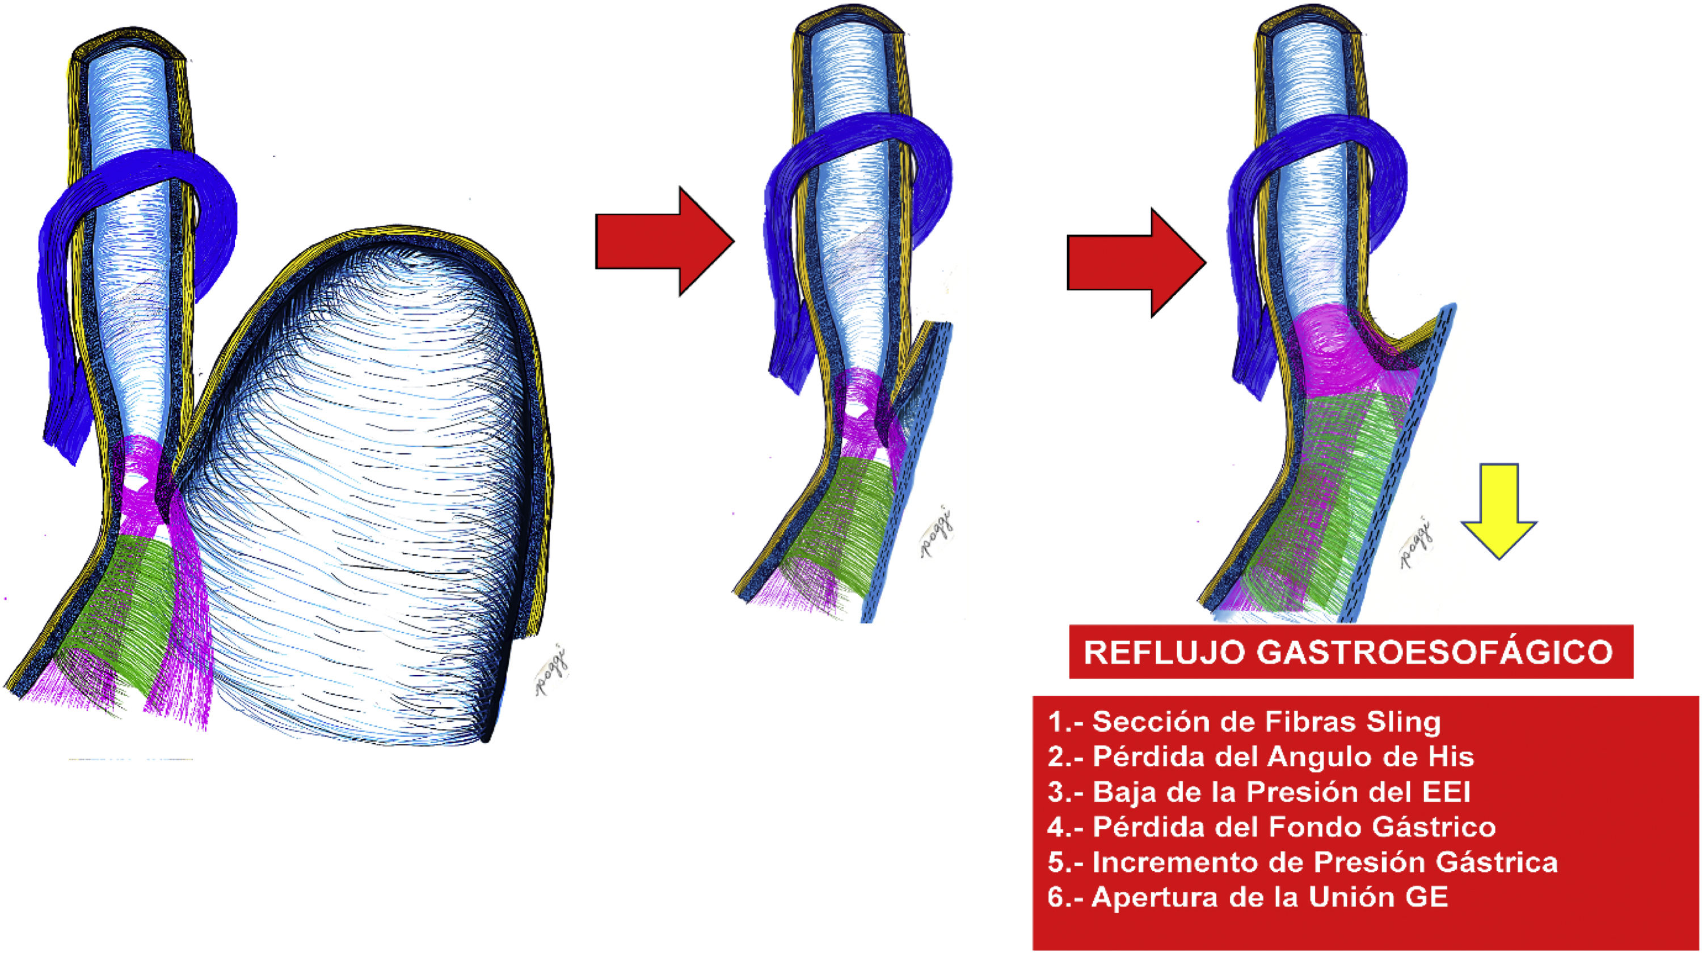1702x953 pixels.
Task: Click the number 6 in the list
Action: coord(1055,897)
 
